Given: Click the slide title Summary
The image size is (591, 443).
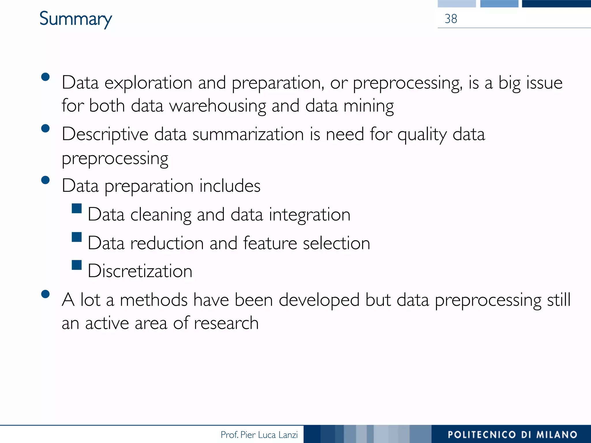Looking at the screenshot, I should click(76, 19).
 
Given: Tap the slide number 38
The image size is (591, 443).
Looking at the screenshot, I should click(451, 19).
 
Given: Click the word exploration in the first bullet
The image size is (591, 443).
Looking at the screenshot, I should click(148, 83).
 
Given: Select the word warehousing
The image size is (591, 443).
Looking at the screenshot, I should click(217, 106).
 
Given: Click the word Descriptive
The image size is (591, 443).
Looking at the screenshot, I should click(105, 135).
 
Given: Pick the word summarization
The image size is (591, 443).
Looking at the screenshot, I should click(248, 135).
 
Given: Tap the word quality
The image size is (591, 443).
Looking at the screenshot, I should click(422, 135).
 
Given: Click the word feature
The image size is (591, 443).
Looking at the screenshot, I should click(270, 243).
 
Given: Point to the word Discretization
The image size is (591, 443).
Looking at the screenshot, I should click(140, 271).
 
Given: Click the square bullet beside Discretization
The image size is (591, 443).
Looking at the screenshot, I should click(77, 265).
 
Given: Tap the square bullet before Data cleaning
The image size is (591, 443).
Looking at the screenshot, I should click(77, 208).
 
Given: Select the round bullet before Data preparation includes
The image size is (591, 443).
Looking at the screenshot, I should click(45, 180).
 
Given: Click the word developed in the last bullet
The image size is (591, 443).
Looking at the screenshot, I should click(319, 300).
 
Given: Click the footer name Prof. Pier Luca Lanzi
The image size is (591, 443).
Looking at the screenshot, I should click(259, 435).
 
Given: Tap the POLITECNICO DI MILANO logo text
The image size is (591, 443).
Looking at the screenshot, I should click(512, 435).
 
